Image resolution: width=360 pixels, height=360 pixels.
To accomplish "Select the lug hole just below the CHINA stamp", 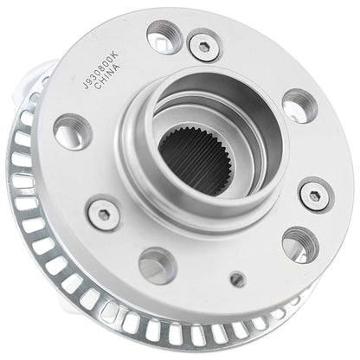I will [71, 132].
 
